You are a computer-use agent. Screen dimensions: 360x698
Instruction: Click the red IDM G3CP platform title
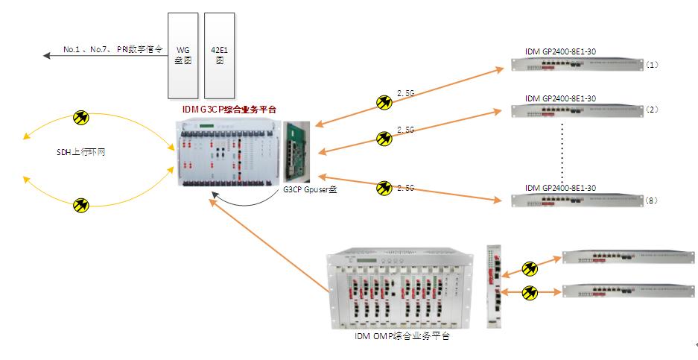coord(229,110)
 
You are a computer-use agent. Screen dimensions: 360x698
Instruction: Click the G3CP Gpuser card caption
coord(309,190)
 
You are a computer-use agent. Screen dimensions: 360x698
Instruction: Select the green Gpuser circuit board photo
coord(300,152)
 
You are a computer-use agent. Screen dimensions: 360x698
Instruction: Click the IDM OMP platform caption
coord(402,337)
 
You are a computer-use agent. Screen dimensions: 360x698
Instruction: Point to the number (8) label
coord(652,200)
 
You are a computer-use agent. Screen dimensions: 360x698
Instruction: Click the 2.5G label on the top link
coord(405,93)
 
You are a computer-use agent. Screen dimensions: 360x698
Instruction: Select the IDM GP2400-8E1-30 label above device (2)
coord(559,98)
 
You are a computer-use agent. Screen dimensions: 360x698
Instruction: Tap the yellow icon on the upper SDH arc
coord(81,117)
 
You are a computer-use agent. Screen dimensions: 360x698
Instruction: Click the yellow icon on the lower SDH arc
coord(81,204)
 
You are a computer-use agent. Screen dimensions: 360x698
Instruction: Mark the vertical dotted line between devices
coord(561,145)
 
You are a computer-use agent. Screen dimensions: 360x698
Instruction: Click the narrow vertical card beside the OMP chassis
coord(493,285)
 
